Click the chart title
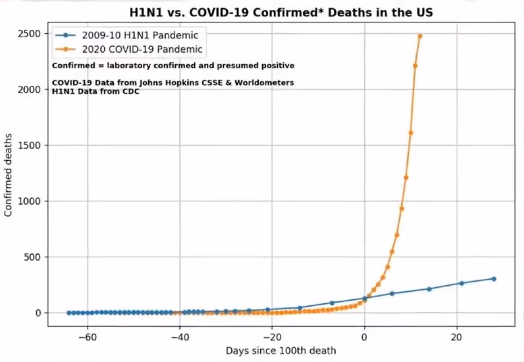pos(281,13)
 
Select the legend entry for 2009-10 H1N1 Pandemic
pos(140,35)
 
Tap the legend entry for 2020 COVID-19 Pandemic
pos(142,49)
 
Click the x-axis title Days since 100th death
pos(281,351)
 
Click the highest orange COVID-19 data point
pos(420,36)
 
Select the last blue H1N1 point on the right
pos(494,279)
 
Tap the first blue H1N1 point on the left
pos(69,313)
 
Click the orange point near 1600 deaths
pos(411,133)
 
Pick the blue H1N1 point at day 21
pos(461,283)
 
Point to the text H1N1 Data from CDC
pos(96,91)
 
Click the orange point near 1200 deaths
pos(406,178)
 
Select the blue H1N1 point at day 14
pos(429,289)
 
